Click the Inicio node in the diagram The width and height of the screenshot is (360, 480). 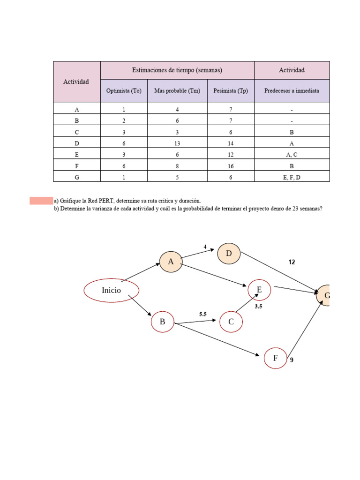(x=111, y=290)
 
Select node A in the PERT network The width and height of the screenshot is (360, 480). (x=171, y=262)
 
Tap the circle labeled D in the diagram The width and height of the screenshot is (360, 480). (x=229, y=254)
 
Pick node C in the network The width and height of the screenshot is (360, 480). (x=231, y=322)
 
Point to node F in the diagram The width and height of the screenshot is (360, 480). (x=275, y=359)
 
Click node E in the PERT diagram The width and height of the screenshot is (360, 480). (x=259, y=291)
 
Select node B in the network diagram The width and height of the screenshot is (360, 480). (x=162, y=322)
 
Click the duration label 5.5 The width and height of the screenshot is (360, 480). (x=203, y=315)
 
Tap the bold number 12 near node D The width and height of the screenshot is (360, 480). (x=292, y=262)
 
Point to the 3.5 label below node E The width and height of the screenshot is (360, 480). (x=258, y=307)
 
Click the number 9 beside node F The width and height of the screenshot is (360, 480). (x=292, y=360)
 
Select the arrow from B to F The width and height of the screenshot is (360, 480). (x=216, y=339)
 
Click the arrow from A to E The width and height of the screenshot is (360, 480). (x=213, y=275)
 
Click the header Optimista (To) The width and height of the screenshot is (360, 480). (x=124, y=91)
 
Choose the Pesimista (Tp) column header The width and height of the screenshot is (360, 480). (x=231, y=91)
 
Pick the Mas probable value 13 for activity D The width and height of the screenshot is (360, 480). (x=177, y=143)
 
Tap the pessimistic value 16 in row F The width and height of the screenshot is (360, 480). (x=231, y=166)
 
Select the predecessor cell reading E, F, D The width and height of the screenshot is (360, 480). (x=292, y=177)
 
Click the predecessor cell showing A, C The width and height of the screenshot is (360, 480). (x=292, y=155)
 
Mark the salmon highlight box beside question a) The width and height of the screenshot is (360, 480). (x=41, y=201)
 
